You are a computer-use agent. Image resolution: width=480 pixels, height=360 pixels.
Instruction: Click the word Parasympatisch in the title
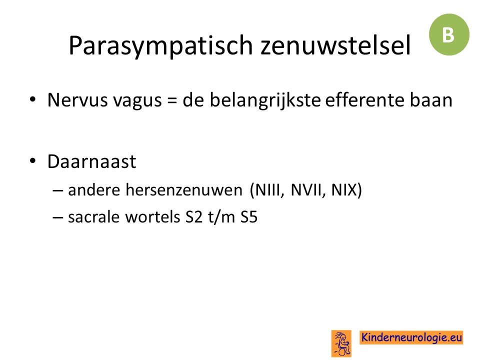pos(160,46)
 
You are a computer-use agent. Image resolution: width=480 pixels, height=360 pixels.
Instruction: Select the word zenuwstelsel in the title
pos(335,45)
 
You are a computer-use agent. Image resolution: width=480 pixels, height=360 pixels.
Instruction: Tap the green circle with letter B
pos(449,34)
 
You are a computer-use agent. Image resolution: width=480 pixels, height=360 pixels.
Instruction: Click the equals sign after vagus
pos(172,100)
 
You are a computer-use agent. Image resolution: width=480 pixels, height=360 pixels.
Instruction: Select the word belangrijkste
pos(265,100)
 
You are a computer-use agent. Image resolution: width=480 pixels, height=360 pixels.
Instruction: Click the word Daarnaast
pos(92,161)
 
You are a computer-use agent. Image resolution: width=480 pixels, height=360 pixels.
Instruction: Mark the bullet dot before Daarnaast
pos(33,161)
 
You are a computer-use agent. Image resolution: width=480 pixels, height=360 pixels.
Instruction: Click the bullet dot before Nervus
pos(33,99)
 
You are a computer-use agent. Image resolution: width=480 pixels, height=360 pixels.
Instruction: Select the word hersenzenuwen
pos(184,190)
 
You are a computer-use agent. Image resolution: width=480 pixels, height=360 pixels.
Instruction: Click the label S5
pos(249,217)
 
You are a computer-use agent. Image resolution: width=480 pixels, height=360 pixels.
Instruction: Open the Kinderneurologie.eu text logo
pos(411,337)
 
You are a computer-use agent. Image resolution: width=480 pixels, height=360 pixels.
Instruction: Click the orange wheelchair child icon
pos(341,343)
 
